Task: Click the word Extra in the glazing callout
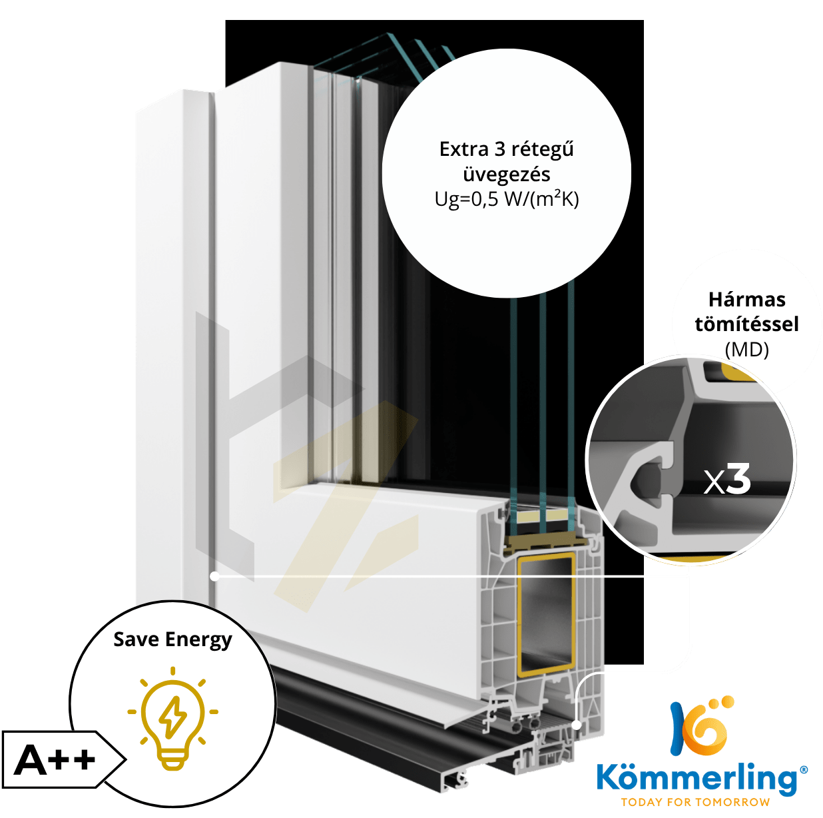tap(463, 150)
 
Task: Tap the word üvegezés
tap(507, 175)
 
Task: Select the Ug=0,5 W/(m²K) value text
tap(507, 199)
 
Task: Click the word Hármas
tap(746, 300)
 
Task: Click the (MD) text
tap(746, 350)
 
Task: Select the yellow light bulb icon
tap(172, 719)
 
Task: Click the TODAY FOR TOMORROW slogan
tap(695, 802)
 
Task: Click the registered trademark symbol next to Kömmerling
tap(803, 769)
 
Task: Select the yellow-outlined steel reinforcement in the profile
tap(546, 619)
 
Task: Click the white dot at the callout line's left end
tap(215, 577)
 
